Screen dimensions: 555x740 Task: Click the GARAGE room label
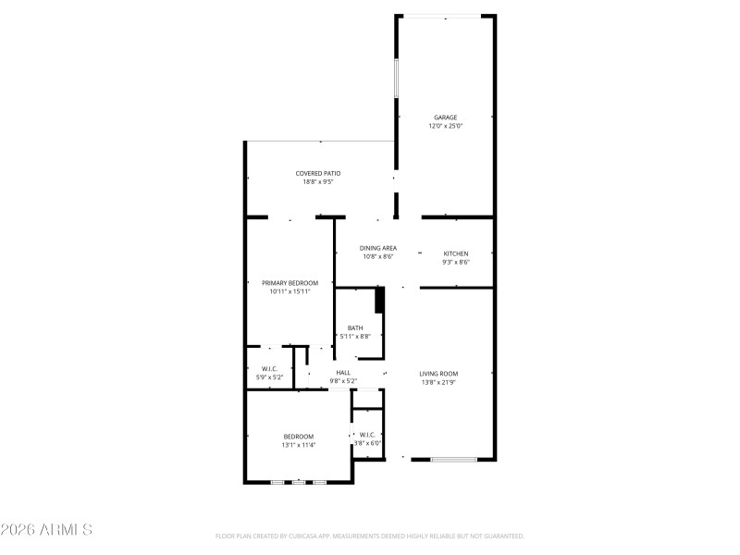[445, 117]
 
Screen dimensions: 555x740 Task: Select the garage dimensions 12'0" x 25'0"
[445, 126]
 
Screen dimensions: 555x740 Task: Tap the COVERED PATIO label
[317, 173]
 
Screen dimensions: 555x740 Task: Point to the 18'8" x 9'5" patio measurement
[317, 181]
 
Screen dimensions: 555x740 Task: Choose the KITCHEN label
[455, 253]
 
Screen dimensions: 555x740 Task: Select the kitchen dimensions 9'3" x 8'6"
[455, 262]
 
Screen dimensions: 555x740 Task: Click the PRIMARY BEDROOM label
[290, 283]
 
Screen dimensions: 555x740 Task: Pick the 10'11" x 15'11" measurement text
[290, 291]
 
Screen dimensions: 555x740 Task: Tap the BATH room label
[355, 327]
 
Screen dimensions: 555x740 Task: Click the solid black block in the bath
[378, 301]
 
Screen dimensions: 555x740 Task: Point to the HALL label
[343, 372]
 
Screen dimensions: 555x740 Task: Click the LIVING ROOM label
[438, 373]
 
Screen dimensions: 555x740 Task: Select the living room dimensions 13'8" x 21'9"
[438, 381]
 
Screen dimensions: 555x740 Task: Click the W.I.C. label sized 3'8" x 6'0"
[367, 435]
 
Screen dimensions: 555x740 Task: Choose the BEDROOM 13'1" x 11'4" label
[298, 437]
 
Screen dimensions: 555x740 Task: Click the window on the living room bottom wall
[454, 459]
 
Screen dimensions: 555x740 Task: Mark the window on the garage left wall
[397, 78]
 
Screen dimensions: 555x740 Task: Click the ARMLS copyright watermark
[46, 530]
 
